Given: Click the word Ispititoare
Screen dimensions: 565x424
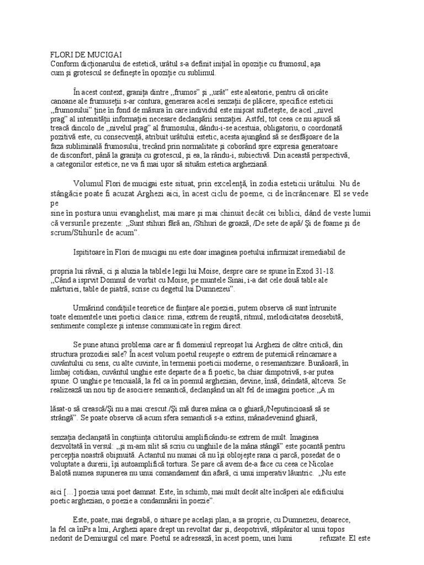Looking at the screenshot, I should click(92, 253).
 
